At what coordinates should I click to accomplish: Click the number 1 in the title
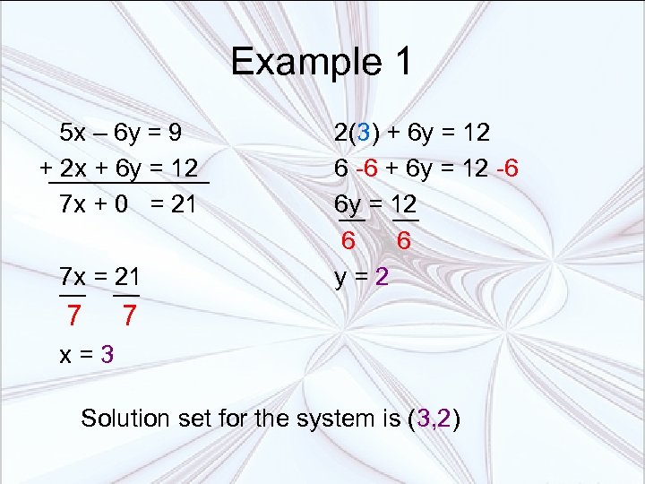click(400, 62)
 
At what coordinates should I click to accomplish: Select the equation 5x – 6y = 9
click(121, 134)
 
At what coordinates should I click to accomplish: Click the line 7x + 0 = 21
click(127, 203)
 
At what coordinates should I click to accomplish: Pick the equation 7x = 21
click(99, 275)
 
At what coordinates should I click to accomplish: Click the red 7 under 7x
click(73, 315)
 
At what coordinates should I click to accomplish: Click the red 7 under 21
click(130, 315)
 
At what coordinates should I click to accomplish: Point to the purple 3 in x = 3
click(107, 353)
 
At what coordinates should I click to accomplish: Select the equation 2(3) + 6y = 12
click(412, 134)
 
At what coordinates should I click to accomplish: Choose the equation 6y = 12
click(376, 203)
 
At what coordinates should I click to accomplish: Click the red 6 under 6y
click(348, 240)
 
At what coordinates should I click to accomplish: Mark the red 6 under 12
click(404, 240)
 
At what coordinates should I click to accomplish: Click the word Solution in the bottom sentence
click(125, 419)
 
